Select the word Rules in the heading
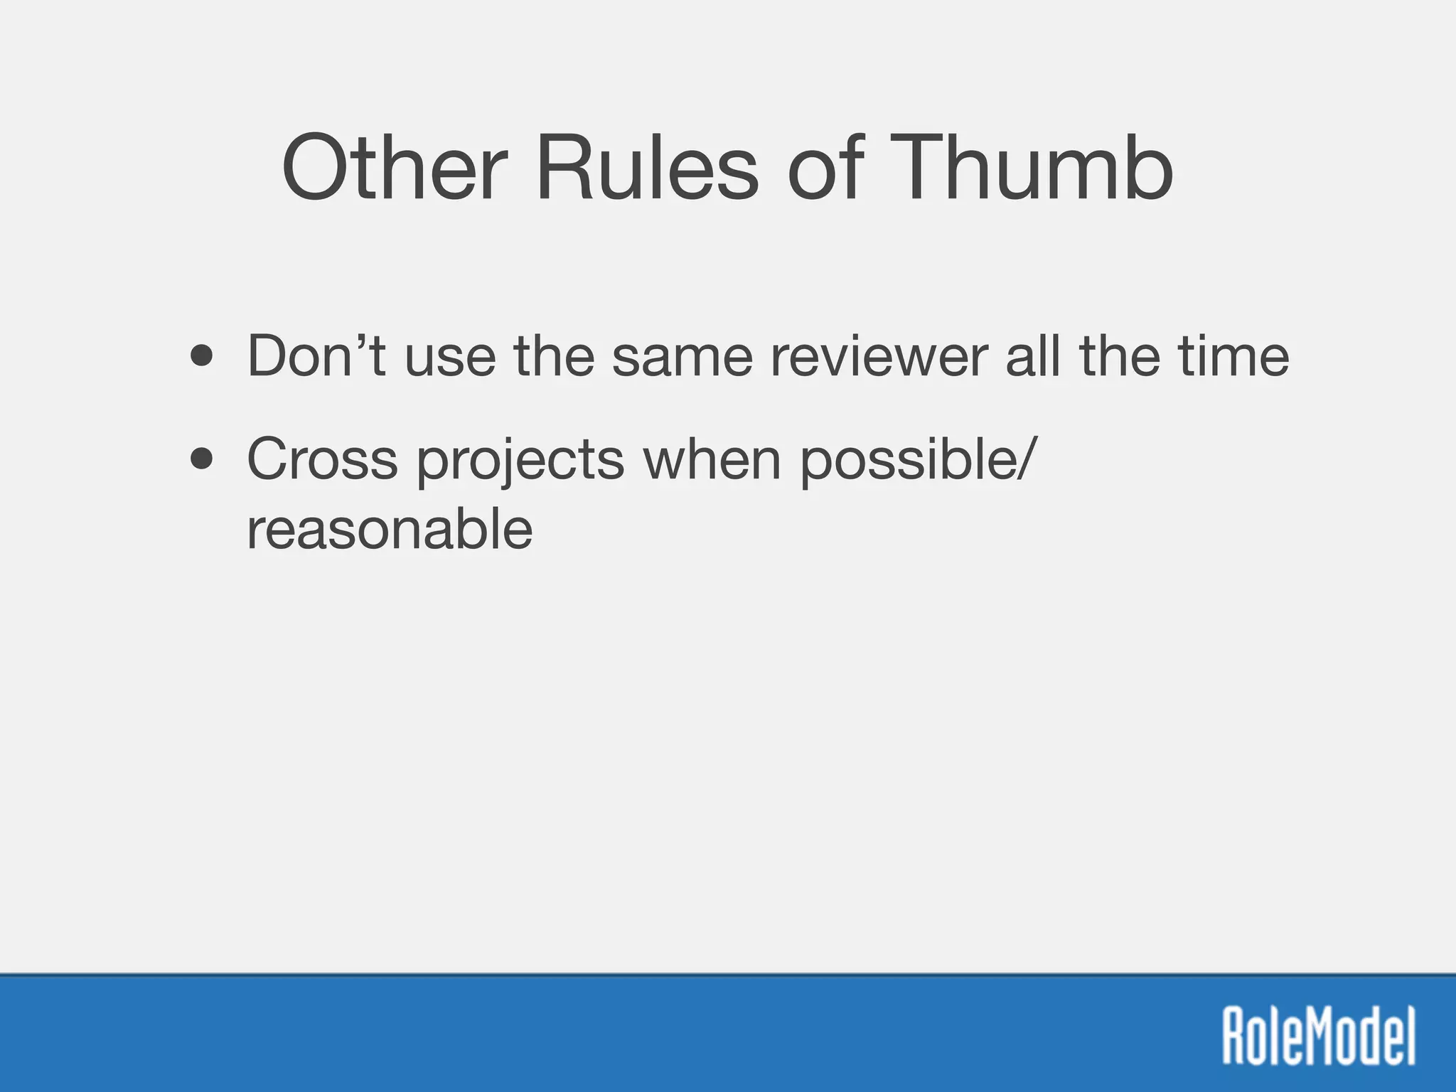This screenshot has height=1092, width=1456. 647,169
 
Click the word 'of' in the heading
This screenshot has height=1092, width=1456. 825,169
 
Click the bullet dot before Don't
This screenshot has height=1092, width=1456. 202,356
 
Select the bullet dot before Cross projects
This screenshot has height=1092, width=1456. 202,459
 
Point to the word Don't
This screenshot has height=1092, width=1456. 316,355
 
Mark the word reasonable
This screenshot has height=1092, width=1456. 390,530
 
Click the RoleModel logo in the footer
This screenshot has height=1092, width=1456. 1318,1034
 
